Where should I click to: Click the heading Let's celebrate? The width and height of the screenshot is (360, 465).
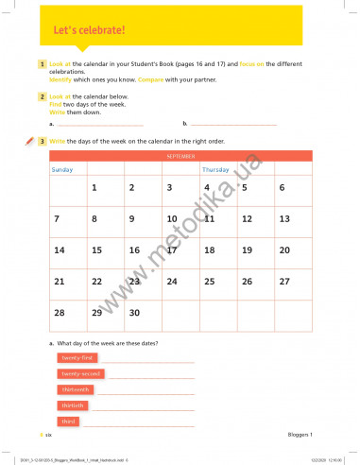89,31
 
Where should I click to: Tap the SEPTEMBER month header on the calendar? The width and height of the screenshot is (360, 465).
182,155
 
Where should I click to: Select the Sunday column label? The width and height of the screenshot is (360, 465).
62,170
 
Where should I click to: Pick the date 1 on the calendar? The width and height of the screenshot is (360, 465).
94,187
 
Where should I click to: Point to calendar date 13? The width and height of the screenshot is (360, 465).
283,218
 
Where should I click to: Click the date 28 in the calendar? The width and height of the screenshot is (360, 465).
60,312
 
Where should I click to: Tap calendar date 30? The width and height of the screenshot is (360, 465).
134,312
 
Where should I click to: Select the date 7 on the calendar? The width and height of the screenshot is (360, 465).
58,218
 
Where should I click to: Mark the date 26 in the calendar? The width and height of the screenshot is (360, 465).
247,282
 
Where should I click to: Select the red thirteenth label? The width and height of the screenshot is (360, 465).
76,389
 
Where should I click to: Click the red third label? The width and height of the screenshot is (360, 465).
68,421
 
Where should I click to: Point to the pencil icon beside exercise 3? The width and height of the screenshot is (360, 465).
29,141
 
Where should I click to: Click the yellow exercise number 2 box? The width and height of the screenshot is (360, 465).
43,96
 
